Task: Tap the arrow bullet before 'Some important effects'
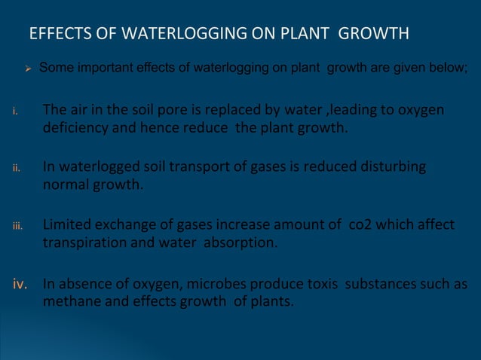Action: tap(27, 70)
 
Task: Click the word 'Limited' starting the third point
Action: tap(69, 225)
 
